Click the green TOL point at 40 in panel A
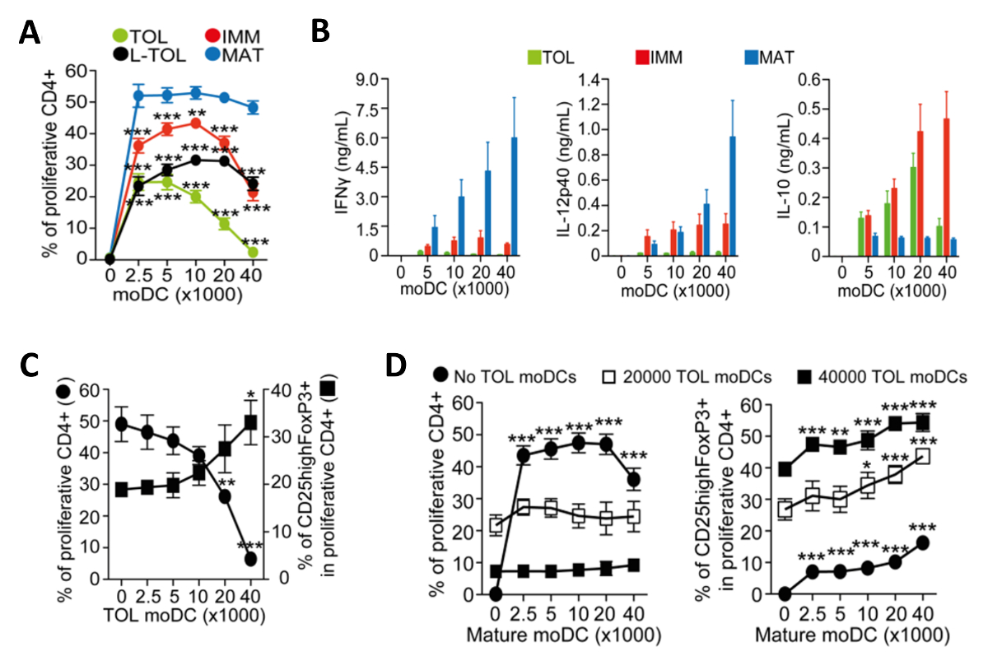point(253,251)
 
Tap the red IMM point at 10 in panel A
point(196,123)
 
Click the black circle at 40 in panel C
point(250,559)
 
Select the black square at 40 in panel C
point(250,422)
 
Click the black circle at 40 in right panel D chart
point(924,542)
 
